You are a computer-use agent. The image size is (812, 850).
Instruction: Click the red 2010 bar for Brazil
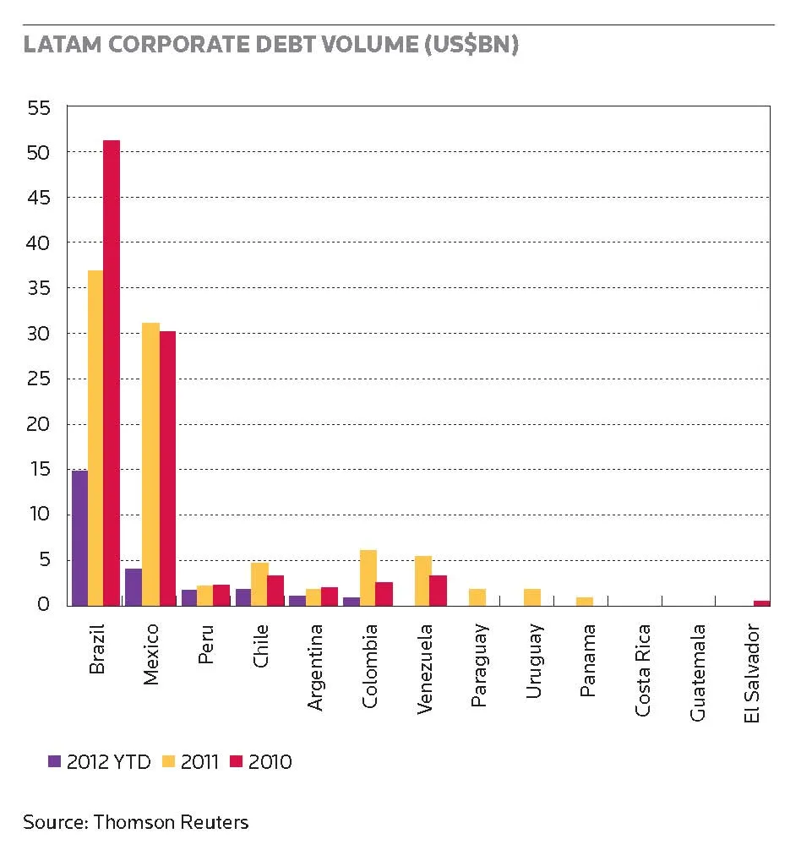point(112,373)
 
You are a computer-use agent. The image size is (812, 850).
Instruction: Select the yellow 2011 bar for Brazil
point(95,438)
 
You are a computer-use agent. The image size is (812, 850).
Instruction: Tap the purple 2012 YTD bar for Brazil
point(79,538)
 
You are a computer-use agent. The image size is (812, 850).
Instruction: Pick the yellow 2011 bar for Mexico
point(150,465)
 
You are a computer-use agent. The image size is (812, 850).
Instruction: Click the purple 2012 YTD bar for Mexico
point(134,587)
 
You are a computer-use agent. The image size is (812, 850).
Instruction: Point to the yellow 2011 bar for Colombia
point(368,578)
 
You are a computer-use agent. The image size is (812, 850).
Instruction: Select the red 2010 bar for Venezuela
point(439,591)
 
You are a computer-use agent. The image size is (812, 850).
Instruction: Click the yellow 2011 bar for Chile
point(259,585)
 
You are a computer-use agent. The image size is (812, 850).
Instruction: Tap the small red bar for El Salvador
point(761,603)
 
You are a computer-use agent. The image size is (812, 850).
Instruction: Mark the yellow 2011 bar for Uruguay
point(532,597)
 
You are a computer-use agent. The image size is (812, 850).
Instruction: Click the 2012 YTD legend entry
point(99,761)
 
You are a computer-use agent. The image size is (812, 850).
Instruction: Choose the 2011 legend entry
point(190,761)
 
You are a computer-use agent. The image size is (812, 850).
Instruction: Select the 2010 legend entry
point(261,761)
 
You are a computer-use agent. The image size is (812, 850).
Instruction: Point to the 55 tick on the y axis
point(39,108)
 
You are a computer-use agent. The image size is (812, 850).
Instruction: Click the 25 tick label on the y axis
point(39,379)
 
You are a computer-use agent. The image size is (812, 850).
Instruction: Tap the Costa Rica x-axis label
point(642,670)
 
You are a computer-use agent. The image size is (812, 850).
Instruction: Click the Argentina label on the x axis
point(315,667)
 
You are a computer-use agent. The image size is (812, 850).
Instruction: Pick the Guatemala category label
point(698,673)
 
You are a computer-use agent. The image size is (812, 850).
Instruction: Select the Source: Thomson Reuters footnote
point(135,822)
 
